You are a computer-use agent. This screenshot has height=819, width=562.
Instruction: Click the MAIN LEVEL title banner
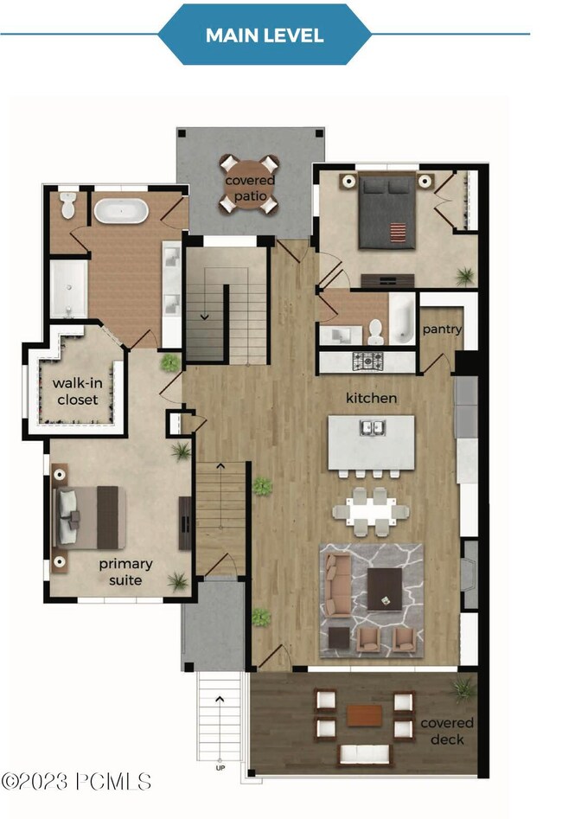(x=265, y=35)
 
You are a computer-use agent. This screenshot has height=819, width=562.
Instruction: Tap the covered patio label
(x=250, y=188)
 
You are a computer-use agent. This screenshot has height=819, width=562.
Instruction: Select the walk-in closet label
(x=77, y=391)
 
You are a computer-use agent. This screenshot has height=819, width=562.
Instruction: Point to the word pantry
(x=442, y=329)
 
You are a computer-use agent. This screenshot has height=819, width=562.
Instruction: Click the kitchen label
(x=372, y=398)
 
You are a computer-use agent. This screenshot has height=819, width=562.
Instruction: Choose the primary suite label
(x=125, y=572)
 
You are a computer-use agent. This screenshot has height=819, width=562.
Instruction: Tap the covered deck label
(x=447, y=732)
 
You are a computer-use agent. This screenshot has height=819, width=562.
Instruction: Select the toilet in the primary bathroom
(x=68, y=205)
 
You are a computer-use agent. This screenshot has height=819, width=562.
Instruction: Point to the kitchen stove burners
(x=367, y=361)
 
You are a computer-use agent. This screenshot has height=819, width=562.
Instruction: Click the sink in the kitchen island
(x=373, y=427)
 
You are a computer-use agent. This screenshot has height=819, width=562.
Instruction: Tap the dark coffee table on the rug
(x=385, y=589)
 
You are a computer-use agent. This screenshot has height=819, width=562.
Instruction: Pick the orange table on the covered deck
(x=365, y=715)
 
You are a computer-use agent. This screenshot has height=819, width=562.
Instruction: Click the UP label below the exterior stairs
(x=220, y=768)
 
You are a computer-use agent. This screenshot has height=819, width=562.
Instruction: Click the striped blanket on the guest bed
(x=398, y=233)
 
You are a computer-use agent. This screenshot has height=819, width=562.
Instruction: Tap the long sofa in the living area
(x=337, y=585)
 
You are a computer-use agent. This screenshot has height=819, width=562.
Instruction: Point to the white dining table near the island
(x=370, y=511)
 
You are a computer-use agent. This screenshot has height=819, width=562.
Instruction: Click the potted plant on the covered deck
(x=463, y=689)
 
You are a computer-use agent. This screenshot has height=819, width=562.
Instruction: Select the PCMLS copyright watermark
(x=76, y=782)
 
